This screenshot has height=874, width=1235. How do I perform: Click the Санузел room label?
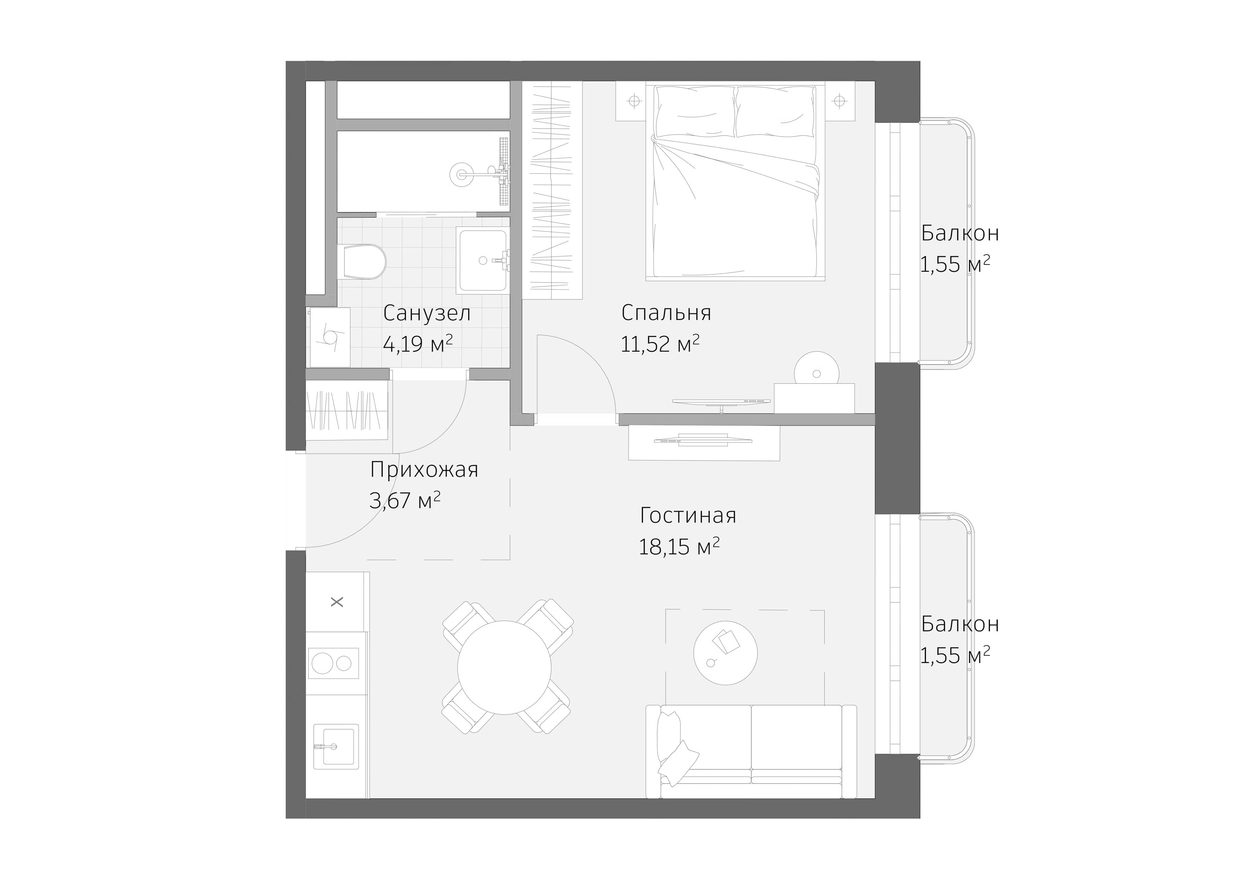click(427, 313)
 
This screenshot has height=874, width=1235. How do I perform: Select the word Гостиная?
click(688, 516)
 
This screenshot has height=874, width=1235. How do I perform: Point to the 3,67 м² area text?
click(405, 501)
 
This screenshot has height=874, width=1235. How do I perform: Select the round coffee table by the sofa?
click(725, 653)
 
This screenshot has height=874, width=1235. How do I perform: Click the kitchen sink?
click(333, 746)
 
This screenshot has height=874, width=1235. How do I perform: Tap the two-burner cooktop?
click(333, 663)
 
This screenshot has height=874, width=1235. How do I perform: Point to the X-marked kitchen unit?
click(337, 602)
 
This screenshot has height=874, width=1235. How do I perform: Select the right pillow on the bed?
click(775, 113)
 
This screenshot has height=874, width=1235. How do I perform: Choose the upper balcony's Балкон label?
click(960, 233)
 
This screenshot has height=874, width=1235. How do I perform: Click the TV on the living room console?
click(702, 441)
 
